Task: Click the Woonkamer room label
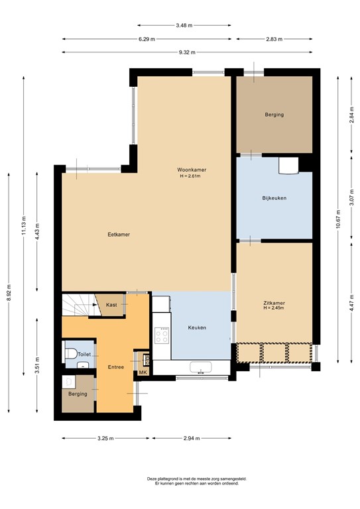click(x=190, y=169)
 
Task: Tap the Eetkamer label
click(x=119, y=235)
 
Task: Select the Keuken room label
click(x=197, y=328)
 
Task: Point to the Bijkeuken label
click(x=274, y=198)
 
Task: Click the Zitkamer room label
click(x=274, y=302)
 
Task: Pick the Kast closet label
click(x=111, y=305)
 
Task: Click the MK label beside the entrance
click(x=143, y=373)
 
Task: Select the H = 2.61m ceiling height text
click(x=190, y=176)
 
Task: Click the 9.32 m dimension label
click(x=185, y=52)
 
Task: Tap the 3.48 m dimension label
click(x=184, y=25)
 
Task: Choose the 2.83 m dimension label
click(x=274, y=39)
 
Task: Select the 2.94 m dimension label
click(x=191, y=438)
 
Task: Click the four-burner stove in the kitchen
click(x=162, y=337)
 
